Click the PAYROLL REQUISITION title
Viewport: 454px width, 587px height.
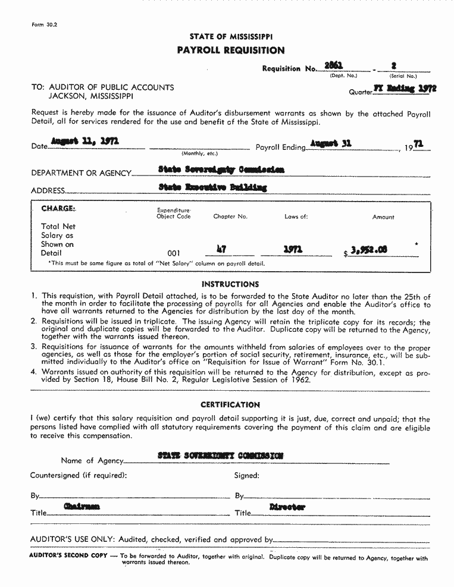(231, 51)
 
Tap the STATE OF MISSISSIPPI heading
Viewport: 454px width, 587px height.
(231, 37)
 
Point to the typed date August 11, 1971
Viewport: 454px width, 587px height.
(85, 141)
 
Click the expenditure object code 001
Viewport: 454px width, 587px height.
(174, 253)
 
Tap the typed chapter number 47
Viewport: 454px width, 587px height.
(221, 250)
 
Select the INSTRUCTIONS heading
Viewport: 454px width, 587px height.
(230, 284)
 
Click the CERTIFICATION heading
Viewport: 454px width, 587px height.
(230, 404)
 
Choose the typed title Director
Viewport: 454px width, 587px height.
(287, 507)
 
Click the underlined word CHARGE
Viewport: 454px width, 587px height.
(58, 208)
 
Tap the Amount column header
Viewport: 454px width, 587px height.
(383, 217)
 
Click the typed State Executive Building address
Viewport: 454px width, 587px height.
(212, 187)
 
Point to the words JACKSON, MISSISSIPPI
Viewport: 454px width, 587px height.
(90, 96)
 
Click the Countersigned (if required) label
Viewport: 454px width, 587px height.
(79, 475)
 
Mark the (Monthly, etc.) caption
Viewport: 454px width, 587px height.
(199, 153)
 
